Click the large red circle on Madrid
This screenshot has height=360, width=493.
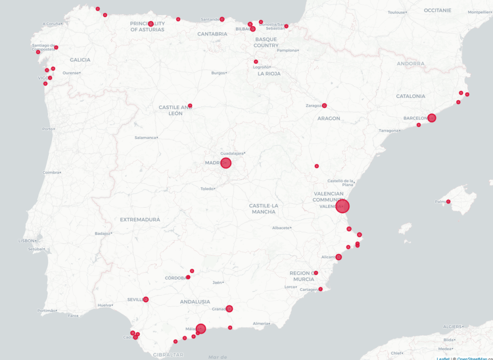[x=226, y=163]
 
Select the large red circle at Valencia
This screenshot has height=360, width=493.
[x=342, y=207]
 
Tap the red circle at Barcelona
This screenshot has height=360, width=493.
[x=432, y=118]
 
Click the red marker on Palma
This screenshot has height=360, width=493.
[x=448, y=201]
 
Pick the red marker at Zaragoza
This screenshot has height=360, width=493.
[x=324, y=106]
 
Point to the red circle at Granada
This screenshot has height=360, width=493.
[x=230, y=308]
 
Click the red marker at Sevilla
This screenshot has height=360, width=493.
[x=146, y=299]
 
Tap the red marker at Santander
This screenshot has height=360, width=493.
[x=222, y=19]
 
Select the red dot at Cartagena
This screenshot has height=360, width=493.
[x=321, y=289]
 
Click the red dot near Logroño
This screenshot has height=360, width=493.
[x=256, y=62]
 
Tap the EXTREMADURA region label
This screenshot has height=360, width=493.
[x=140, y=219]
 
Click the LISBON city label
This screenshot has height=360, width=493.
[x=26, y=240]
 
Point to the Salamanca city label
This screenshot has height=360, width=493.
[x=145, y=137]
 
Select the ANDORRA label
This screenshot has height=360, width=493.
[x=411, y=64]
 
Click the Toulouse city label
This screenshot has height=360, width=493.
[x=397, y=12]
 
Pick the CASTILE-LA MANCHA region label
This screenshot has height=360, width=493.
[x=263, y=209]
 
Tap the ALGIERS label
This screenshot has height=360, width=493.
[x=452, y=326]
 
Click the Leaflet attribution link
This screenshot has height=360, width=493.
[x=443, y=358]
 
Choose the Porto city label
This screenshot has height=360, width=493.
[x=47, y=129]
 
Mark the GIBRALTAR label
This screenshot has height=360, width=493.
[x=168, y=355]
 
